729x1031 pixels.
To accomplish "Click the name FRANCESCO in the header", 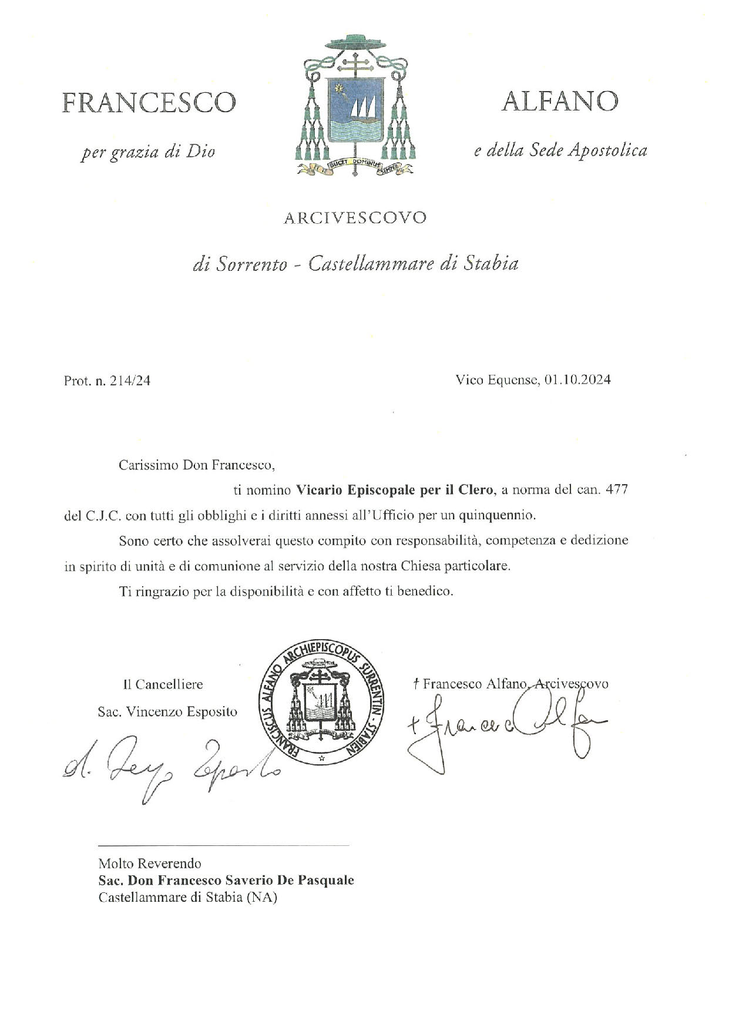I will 149,103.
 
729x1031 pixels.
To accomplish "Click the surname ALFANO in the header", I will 559,102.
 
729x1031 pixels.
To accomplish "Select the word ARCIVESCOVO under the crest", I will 355,218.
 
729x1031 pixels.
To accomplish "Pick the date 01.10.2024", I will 577,380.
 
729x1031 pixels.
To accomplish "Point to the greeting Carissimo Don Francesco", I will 197,465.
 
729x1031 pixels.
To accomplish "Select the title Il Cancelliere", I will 163,684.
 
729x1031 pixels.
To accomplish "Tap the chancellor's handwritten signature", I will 170,767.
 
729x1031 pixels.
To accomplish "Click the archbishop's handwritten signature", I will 505,726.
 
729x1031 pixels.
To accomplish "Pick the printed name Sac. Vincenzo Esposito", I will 167,711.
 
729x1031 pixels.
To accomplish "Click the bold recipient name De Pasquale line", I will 226,880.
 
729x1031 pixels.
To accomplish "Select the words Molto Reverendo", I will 150,863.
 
